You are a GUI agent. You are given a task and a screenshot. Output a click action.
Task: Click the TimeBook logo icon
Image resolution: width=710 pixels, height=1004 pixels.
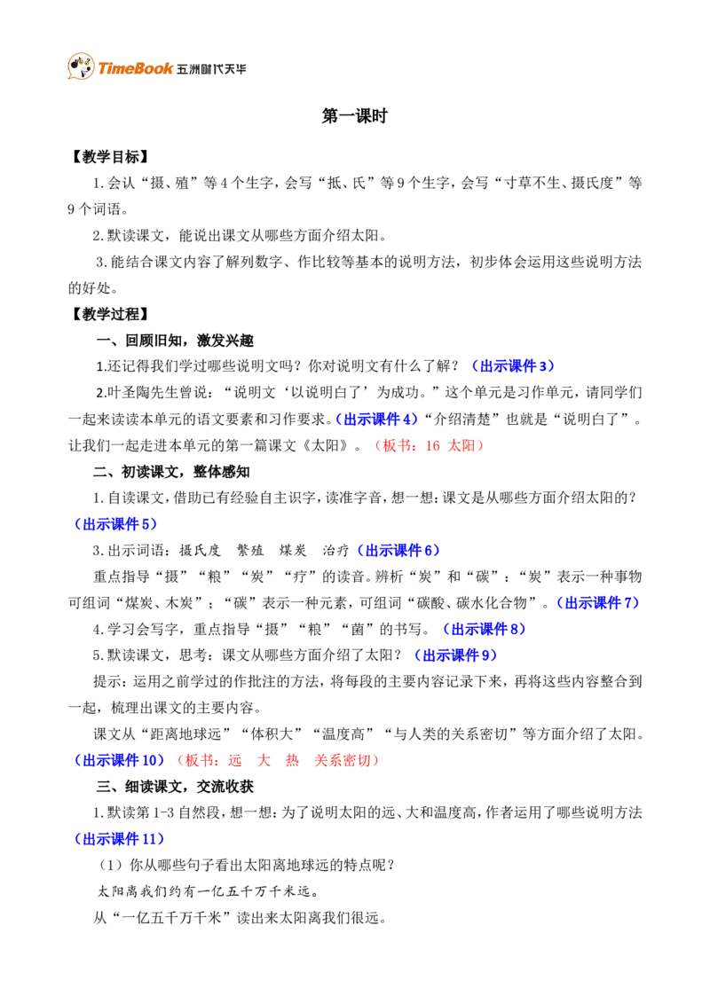[81, 66]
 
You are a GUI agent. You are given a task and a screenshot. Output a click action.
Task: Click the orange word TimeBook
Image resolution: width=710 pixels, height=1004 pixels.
[135, 68]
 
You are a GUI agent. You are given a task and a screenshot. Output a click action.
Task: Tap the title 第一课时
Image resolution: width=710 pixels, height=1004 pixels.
[354, 116]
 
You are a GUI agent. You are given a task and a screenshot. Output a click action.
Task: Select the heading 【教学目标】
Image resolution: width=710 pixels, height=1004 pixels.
[110, 157]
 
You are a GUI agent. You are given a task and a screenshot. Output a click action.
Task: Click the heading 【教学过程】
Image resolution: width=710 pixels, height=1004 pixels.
[110, 314]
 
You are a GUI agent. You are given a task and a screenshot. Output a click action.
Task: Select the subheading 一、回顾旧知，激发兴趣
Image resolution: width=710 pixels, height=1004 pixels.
[175, 340]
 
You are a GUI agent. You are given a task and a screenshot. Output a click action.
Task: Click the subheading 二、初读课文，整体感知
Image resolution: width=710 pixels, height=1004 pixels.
[171, 471]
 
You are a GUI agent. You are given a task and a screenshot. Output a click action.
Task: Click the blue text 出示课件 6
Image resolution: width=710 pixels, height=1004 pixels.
[398, 550]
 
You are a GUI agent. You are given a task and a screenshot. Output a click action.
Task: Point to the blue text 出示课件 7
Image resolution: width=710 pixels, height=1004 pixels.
[598, 602]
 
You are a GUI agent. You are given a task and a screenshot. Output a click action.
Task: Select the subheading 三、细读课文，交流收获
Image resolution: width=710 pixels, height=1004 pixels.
[175, 787]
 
